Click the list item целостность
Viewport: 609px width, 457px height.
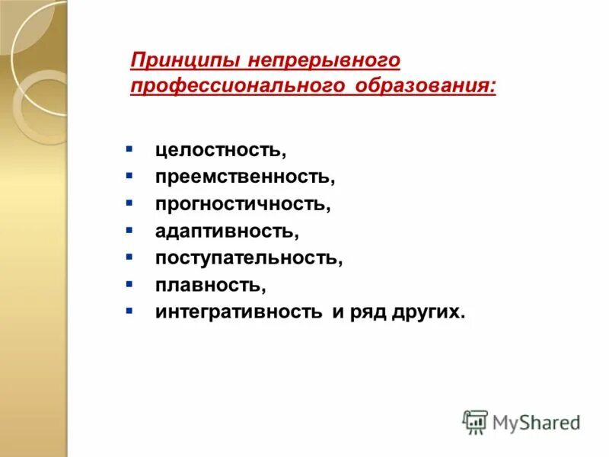point(222,150)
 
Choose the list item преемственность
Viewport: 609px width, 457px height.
point(245,177)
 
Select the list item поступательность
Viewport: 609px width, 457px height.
point(250,257)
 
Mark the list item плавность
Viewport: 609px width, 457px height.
point(211,284)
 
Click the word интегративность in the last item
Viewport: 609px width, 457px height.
point(239,312)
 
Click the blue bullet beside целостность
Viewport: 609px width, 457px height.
point(129,147)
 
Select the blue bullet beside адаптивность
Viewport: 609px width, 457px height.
point(129,228)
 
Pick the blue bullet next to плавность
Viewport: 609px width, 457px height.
point(129,282)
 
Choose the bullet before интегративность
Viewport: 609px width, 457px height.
point(129,309)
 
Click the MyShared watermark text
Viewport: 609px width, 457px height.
point(537,421)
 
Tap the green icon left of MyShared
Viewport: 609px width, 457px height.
point(475,421)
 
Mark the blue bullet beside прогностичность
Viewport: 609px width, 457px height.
point(129,201)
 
